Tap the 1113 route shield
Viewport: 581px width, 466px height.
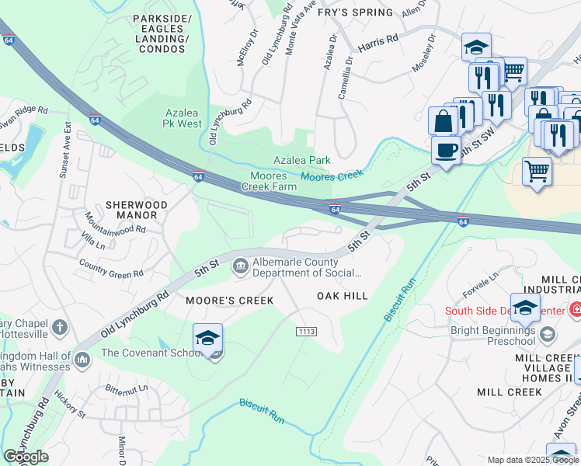click(306, 332)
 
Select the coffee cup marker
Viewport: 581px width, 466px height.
click(446, 151)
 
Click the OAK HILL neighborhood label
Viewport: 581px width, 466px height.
click(342, 296)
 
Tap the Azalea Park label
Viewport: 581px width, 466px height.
click(302, 161)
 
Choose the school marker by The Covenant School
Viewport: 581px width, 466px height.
click(207, 339)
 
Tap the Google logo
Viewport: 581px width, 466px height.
click(26, 457)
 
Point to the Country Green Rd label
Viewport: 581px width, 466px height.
click(111, 269)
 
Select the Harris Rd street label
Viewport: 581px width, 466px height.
click(379, 38)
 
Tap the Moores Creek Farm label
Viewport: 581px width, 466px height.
click(273, 182)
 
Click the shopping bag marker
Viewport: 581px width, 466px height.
click(443, 121)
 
